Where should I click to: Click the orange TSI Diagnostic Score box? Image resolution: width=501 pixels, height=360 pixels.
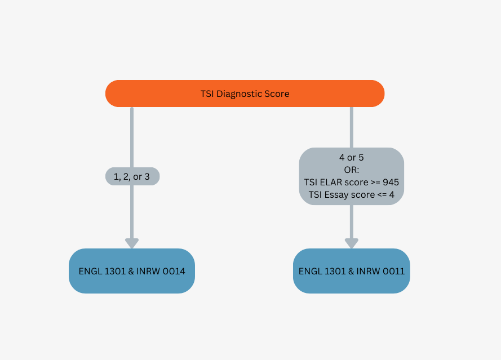click(x=245, y=94)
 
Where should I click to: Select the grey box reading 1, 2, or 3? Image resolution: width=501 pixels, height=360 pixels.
click(x=132, y=176)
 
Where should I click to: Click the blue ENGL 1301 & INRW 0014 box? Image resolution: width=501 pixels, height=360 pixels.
click(x=132, y=271)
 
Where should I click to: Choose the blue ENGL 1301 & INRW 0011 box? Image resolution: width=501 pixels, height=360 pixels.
click(x=352, y=271)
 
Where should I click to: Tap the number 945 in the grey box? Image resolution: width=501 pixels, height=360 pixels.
click(x=391, y=182)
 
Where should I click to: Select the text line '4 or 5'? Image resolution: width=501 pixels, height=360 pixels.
click(x=352, y=157)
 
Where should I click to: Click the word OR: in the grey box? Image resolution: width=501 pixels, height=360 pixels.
click(x=352, y=170)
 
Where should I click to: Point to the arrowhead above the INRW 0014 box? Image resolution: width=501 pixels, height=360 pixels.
click(x=132, y=243)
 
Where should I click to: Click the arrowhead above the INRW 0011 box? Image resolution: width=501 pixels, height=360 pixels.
click(x=352, y=243)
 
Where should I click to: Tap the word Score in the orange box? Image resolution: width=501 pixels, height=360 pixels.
click(x=276, y=94)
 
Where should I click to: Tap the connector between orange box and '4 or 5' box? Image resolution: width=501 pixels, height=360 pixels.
click(x=352, y=127)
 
